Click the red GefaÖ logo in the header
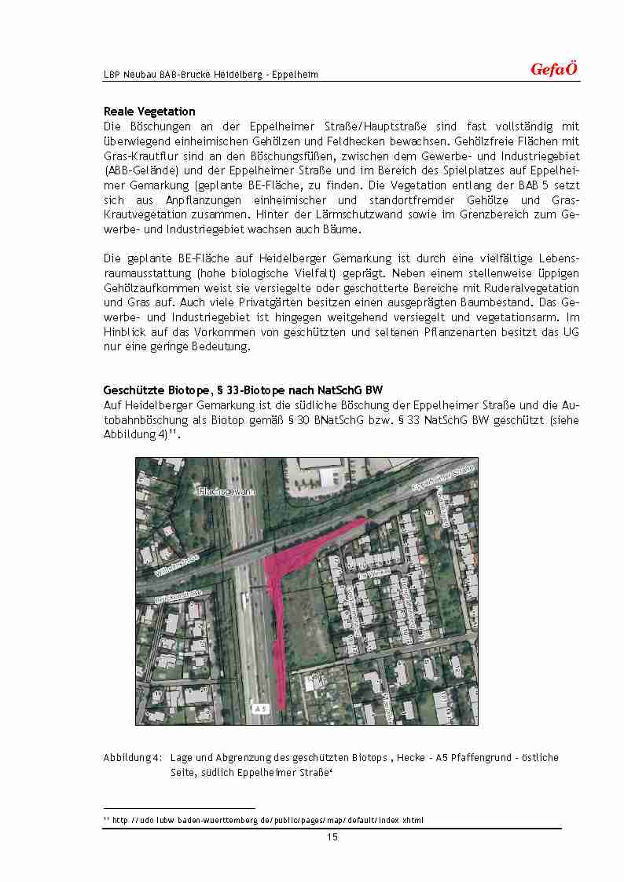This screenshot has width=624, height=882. tap(554, 69)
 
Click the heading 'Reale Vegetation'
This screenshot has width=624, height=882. tap(149, 112)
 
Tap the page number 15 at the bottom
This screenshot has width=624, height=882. tap(332, 837)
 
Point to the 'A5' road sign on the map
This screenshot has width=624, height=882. tap(260, 708)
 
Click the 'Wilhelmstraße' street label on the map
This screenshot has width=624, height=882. tap(177, 565)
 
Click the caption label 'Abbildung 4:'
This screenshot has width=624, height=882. tap(133, 758)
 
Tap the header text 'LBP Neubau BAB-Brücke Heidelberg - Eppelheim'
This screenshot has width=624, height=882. tap(211, 75)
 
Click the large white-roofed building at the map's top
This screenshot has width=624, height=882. tap(330, 475)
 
